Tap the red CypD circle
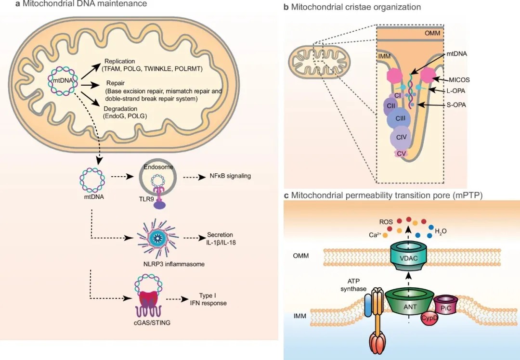[x=429, y=318]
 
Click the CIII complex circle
[x=400, y=118]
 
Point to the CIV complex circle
[x=401, y=137]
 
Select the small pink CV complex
[x=401, y=154]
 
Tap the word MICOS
[x=459, y=80]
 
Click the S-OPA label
[x=456, y=105]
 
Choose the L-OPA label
[x=455, y=91]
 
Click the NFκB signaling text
[x=230, y=176]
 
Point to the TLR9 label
[x=146, y=199]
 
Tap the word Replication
[x=120, y=61]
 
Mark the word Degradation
[x=120, y=109]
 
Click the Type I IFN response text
[x=208, y=299]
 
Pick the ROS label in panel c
[x=386, y=222]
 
